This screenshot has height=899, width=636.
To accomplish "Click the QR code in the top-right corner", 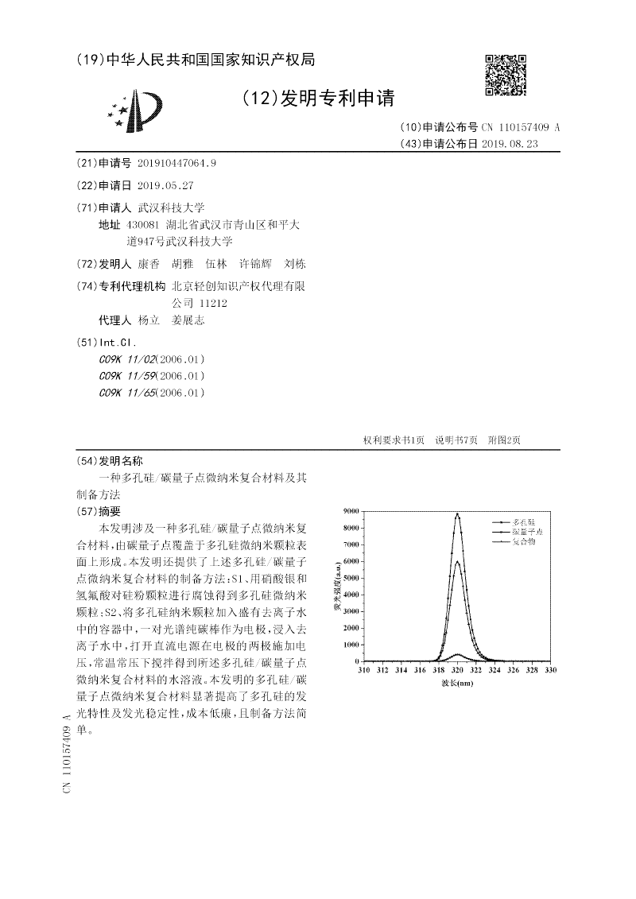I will pyautogui.click(x=506, y=76).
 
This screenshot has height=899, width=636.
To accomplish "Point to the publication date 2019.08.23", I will pyautogui.click(x=510, y=144).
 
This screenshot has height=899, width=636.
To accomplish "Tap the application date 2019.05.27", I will pyautogui.click(x=165, y=185).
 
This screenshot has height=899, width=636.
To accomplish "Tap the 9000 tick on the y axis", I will pyautogui.click(x=351, y=509).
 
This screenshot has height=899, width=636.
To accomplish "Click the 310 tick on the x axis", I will pyautogui.click(x=363, y=671).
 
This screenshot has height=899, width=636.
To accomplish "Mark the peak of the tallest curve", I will pyautogui.click(x=457, y=513).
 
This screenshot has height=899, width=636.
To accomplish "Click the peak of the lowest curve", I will pyautogui.click(x=457, y=654).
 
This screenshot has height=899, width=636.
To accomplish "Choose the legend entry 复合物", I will pyautogui.click(x=524, y=541).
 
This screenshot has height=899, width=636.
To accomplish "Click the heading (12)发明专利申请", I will pyautogui.click(x=317, y=99).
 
